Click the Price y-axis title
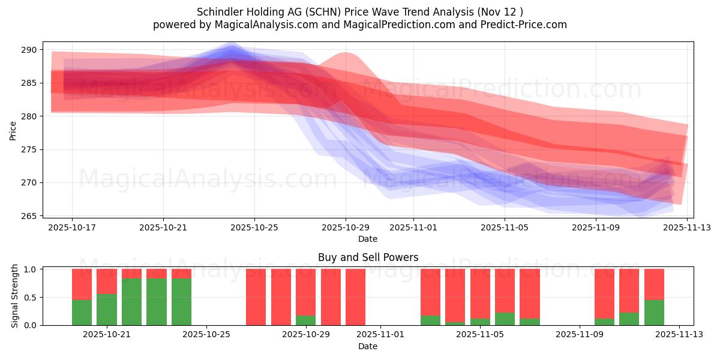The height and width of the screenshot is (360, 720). point(13,130)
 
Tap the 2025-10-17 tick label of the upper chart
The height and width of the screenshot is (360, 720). point(72,228)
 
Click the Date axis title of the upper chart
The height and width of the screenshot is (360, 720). point(367,239)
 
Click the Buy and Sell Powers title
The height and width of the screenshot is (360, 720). point(367,257)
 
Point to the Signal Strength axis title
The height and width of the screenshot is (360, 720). point(16,296)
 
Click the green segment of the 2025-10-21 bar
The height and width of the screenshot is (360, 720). point(107,310)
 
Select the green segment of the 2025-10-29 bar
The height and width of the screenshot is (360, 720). point(305,320)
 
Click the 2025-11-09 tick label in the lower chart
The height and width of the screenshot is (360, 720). point(580,335)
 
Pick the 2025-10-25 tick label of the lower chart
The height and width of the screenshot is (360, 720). point(206,335)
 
